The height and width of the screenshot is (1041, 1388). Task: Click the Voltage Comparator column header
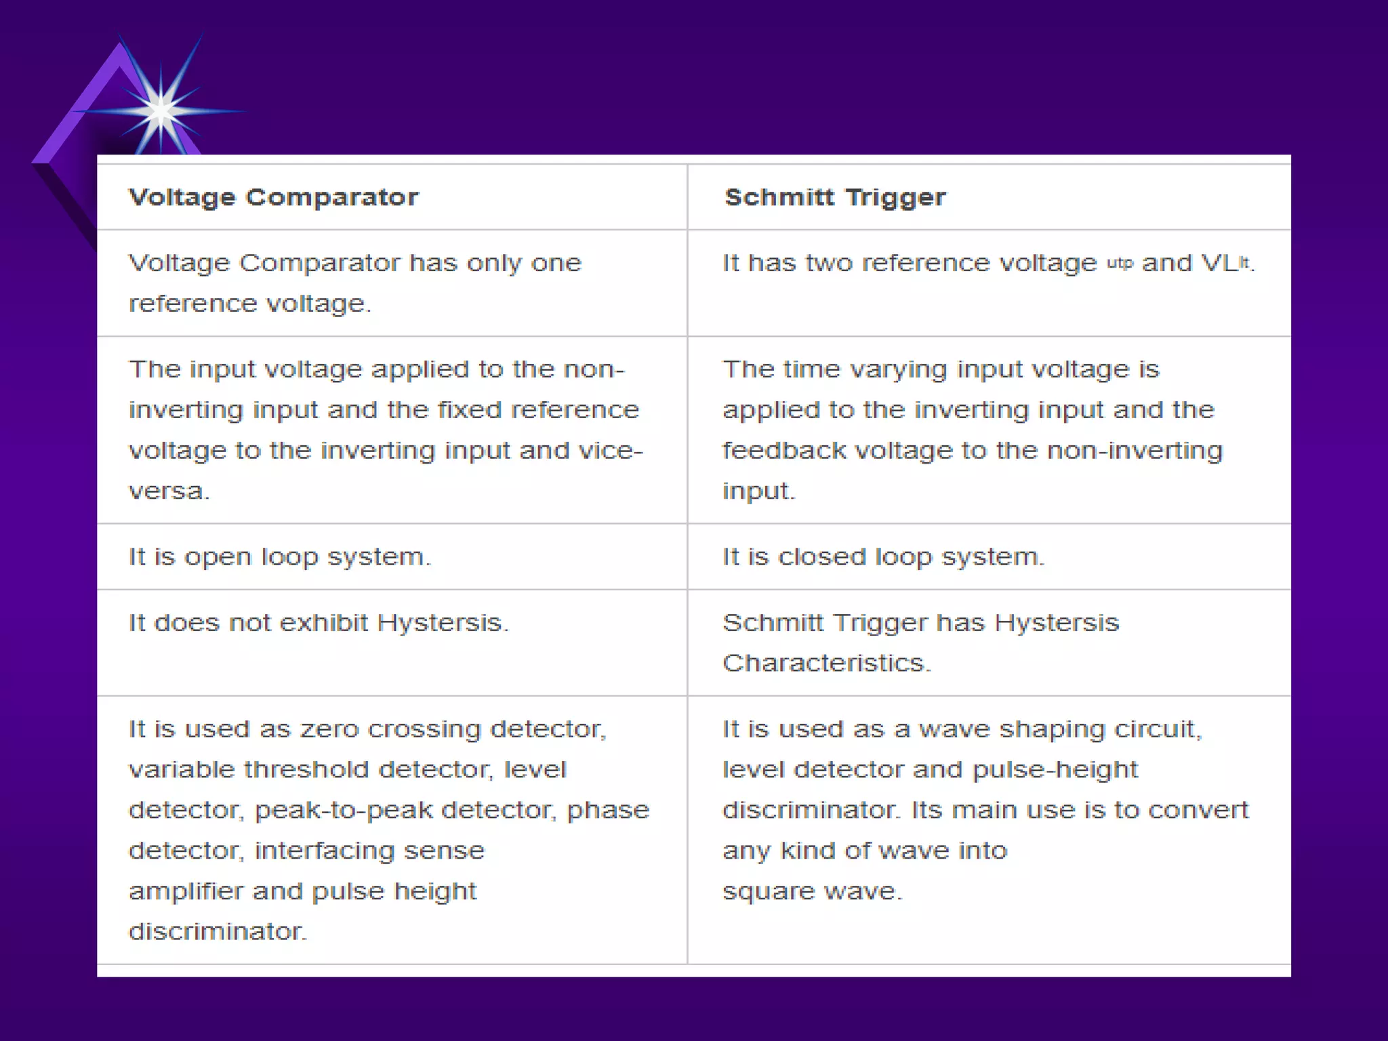274,197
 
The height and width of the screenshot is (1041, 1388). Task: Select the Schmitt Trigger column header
834,197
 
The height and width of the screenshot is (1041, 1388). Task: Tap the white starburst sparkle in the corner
160,110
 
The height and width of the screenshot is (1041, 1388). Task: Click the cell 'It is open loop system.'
279,557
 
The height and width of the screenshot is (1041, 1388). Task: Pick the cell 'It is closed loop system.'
883,557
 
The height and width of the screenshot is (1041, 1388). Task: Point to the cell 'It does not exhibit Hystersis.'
318,623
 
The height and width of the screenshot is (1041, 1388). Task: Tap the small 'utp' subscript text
1120,263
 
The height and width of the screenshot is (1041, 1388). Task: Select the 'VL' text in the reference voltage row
1219,263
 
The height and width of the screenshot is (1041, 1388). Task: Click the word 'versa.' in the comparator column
169,491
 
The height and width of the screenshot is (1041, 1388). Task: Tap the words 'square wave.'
812,891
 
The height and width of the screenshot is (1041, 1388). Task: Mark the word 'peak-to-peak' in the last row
343,810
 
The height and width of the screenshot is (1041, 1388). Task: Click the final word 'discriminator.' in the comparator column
218,932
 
